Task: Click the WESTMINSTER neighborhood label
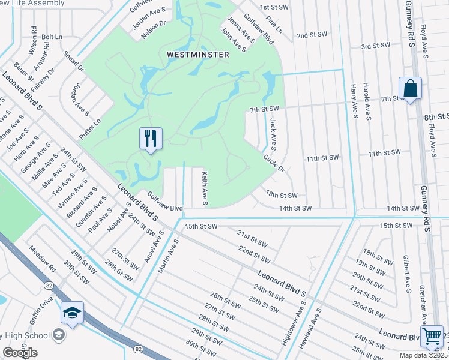click(197, 55)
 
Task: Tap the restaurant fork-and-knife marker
click(150, 139)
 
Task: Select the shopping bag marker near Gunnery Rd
click(410, 89)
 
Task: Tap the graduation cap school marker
click(72, 313)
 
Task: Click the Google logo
click(20, 353)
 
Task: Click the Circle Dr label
click(273, 163)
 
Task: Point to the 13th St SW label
click(282, 195)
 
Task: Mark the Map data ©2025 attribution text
click(423, 355)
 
